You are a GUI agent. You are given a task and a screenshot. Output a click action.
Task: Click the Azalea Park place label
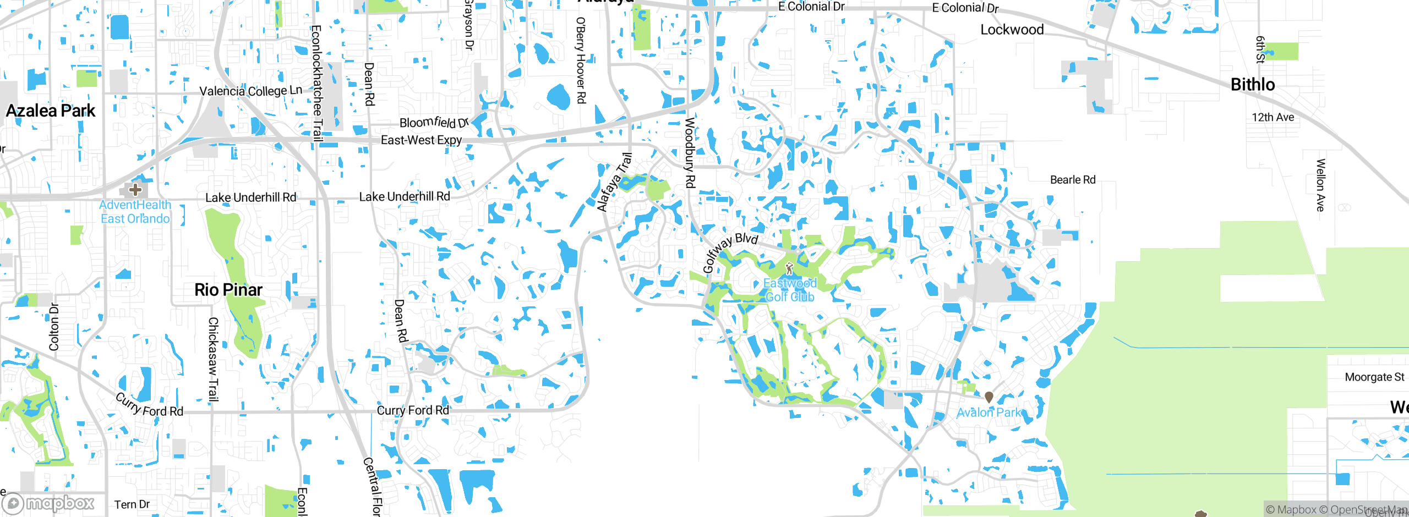tap(51, 111)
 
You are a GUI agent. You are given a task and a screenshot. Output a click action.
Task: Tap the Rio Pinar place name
tap(228, 290)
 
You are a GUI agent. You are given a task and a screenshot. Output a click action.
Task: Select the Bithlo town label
tap(1253, 85)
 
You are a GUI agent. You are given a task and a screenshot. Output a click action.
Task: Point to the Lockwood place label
tap(1012, 30)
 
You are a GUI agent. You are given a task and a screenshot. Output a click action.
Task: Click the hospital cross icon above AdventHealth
tap(135, 190)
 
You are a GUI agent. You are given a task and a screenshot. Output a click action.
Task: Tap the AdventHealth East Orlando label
tap(135, 212)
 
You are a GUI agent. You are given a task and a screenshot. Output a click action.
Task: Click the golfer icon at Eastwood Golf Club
tap(789, 269)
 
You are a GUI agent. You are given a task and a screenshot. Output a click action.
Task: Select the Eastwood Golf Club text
tap(790, 290)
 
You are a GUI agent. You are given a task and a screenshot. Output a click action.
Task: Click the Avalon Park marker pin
tap(989, 397)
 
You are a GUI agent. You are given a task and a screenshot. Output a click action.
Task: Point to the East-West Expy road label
tap(421, 140)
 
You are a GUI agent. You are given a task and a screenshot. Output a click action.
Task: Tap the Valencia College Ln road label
tap(250, 91)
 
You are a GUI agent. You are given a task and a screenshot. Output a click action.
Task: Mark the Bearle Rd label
tap(1072, 180)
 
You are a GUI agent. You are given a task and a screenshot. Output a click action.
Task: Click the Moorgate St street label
tap(1374, 377)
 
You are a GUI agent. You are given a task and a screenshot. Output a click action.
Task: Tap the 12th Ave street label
tap(1273, 117)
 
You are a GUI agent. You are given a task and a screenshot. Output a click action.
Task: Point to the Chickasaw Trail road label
tap(213, 359)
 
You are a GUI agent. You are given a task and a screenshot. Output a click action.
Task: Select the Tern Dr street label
tap(132, 504)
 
